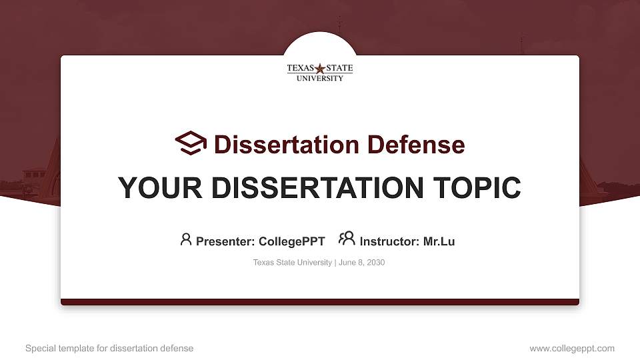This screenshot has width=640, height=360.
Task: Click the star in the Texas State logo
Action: point(320,68)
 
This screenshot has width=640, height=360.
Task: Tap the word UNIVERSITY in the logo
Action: point(320,78)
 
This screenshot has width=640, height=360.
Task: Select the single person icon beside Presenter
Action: point(186,239)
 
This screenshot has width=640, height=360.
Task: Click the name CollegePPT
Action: point(291,241)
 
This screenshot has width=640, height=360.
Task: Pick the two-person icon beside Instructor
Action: point(347,239)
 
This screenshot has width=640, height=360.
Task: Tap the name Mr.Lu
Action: point(439,241)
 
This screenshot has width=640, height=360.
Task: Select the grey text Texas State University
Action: point(292,263)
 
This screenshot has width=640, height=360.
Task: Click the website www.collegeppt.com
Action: point(572,348)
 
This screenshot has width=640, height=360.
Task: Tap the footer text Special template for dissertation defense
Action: point(109,348)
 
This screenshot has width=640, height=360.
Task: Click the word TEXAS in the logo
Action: point(301,68)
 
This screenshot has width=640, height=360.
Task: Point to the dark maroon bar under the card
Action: point(320,302)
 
